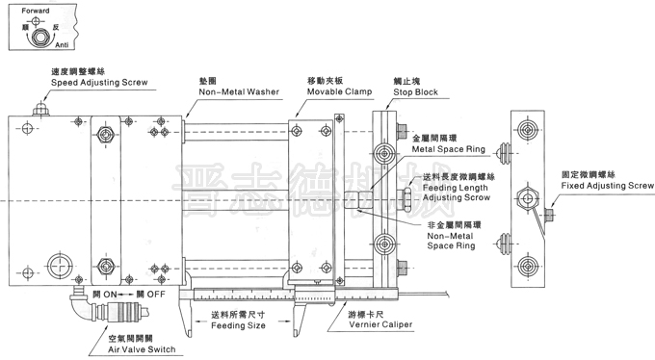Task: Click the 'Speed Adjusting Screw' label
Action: [99, 84]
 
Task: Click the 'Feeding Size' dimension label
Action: [237, 325]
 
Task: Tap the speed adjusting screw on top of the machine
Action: [39, 109]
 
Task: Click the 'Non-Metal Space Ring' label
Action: [452, 238]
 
